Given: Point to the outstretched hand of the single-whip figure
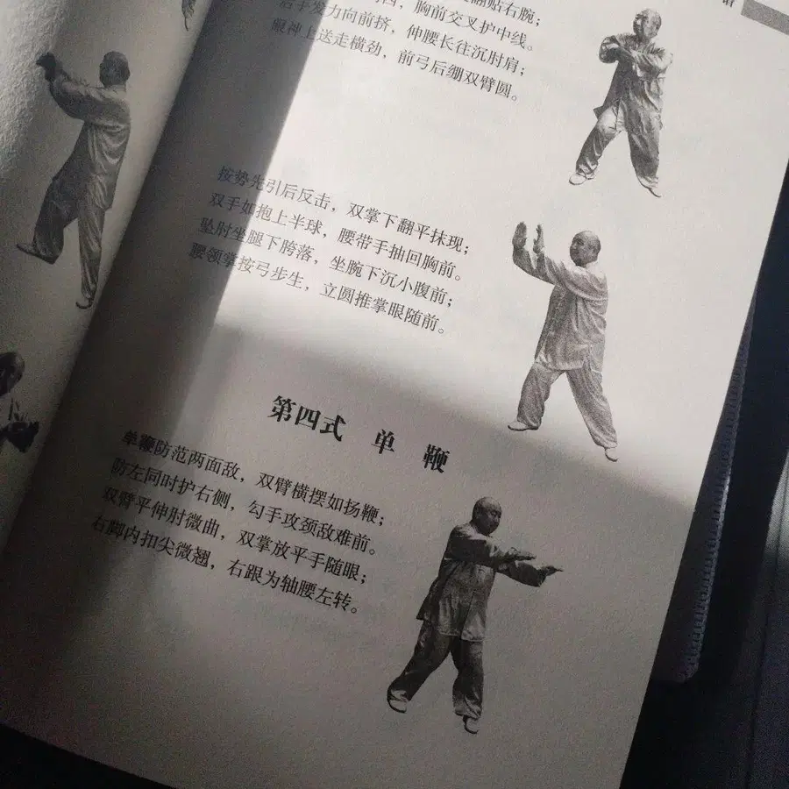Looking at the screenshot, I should [550, 570].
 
